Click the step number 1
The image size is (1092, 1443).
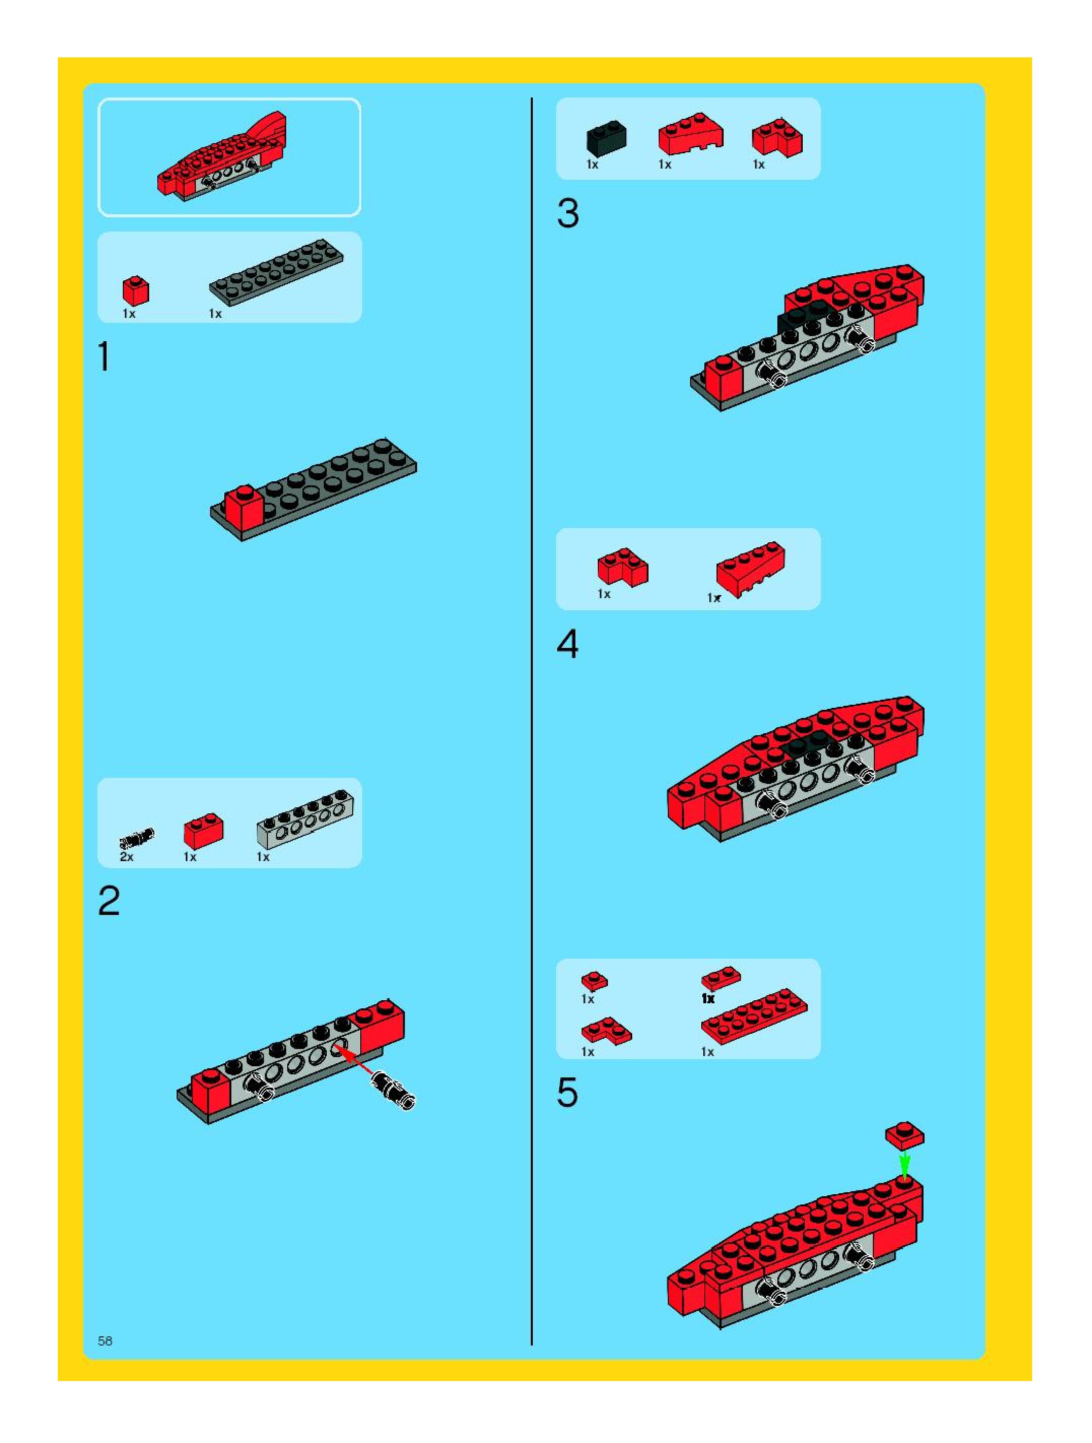pyautogui.click(x=104, y=357)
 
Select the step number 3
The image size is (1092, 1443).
pyautogui.click(x=568, y=213)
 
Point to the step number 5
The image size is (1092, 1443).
pyautogui.click(x=567, y=1092)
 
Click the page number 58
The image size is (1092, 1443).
pyautogui.click(x=105, y=1340)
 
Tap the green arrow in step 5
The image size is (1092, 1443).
pyautogui.click(x=904, y=1163)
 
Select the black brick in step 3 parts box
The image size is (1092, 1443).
pyautogui.click(x=606, y=138)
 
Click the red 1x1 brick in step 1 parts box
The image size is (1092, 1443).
pyautogui.click(x=135, y=291)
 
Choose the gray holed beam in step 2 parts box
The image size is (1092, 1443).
pyautogui.click(x=305, y=819)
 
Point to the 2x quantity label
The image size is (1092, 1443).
pyautogui.click(x=126, y=857)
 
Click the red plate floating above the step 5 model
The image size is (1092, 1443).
pyautogui.click(x=904, y=1135)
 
